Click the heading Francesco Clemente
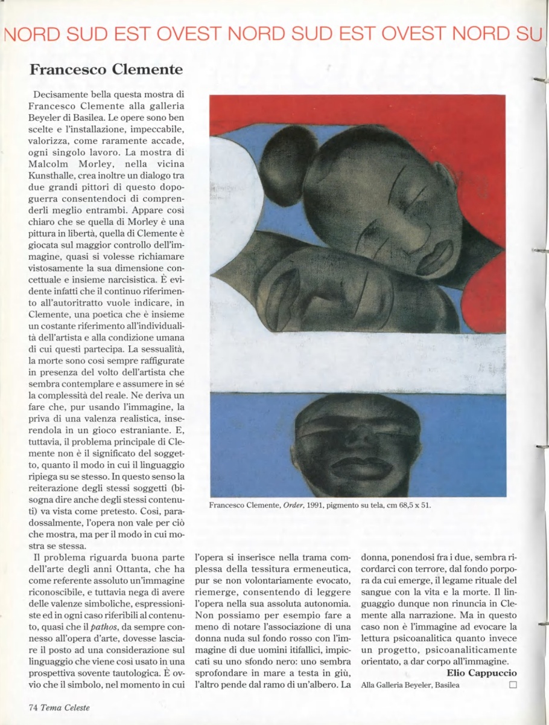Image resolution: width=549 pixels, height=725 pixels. [x=106, y=69]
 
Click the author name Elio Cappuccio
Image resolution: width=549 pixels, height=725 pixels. [x=482, y=672]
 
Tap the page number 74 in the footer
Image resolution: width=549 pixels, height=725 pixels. [x=33, y=707]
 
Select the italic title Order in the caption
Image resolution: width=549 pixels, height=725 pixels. [x=296, y=505]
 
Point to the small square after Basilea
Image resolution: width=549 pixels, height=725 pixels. [x=513, y=685]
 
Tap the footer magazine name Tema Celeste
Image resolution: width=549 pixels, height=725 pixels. [x=65, y=707]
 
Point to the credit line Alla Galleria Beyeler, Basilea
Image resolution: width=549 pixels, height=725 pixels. [x=410, y=685]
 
